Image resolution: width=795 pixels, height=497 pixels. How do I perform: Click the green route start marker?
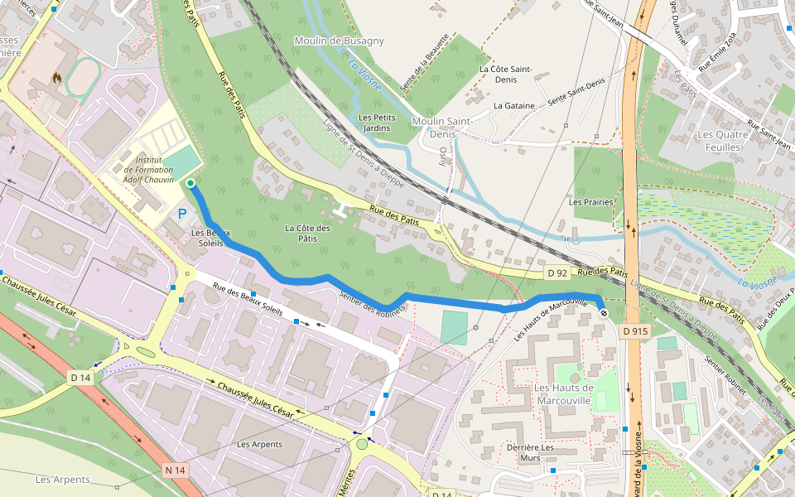click(x=190, y=183)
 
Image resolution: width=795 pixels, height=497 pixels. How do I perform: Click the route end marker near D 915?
click(x=604, y=313)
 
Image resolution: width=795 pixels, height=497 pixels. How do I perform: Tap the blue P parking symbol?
click(x=182, y=214)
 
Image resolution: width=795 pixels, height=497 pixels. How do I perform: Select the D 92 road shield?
click(x=557, y=273)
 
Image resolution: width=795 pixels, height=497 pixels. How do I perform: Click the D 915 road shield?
click(x=634, y=331)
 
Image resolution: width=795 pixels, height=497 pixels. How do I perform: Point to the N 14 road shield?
click(x=174, y=470)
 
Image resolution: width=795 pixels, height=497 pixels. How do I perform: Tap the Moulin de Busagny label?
click(x=339, y=41)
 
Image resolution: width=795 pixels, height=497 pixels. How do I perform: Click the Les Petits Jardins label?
click(x=377, y=123)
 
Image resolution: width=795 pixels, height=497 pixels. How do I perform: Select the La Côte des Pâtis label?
click(x=308, y=233)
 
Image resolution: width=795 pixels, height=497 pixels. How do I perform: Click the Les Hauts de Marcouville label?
click(x=564, y=393)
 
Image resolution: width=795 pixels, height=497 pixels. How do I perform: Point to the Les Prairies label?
click(x=591, y=201)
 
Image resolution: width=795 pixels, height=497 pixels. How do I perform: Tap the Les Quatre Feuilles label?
click(x=719, y=141)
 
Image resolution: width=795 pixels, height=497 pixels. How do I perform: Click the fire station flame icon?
click(x=56, y=78)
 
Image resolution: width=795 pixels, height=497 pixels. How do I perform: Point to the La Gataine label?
click(x=513, y=105)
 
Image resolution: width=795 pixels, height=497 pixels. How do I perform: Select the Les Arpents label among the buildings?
click(x=259, y=444)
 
